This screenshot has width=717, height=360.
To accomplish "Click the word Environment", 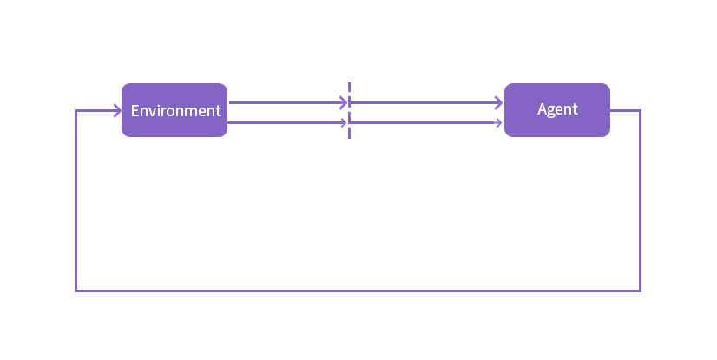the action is [176, 110].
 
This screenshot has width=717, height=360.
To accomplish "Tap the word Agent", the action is [557, 109].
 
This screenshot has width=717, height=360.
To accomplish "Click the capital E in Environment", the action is [135, 110].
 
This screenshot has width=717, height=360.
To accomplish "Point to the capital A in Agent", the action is [543, 108].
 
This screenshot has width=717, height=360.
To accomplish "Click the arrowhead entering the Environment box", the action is [117, 110].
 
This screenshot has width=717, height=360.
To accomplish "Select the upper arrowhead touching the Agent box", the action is [498, 102].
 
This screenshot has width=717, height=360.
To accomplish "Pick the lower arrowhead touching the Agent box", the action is [499, 122].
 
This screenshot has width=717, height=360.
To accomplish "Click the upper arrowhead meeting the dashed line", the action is [344, 102].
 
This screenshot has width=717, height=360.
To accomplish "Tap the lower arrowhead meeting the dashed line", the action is [344, 122].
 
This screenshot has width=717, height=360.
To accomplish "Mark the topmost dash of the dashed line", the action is [349, 88].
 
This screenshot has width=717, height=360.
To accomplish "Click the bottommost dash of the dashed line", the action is [349, 133].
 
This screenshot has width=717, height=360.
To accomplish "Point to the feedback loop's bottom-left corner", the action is [76, 291].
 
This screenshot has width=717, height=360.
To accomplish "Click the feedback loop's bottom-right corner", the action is [641, 291].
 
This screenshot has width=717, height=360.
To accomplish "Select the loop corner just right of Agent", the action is [641, 110].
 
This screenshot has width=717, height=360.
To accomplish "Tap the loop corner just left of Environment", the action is [76, 110].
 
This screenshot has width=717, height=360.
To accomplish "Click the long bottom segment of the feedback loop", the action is [358, 291].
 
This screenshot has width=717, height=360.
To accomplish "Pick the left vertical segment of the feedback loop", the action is [76, 200].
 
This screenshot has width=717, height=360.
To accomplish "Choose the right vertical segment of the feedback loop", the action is [641, 200].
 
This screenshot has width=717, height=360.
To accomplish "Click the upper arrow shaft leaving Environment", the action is [287, 102].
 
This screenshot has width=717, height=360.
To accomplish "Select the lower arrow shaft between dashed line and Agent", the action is [424, 122].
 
